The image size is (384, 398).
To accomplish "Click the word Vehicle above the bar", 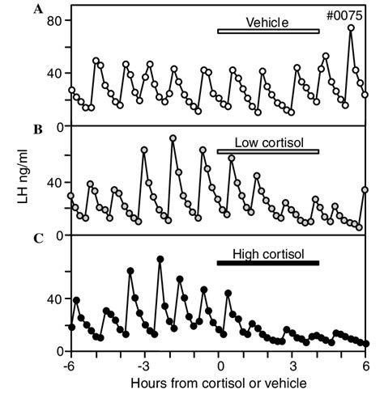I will click(x=268, y=23).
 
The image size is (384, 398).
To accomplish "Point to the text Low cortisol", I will click(x=268, y=142).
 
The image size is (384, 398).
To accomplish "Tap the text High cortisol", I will click(x=268, y=254).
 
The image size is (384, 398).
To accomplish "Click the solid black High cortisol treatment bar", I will click(x=268, y=263).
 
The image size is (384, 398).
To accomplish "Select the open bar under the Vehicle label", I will click(x=268, y=32).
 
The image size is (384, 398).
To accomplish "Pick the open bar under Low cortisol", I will click(x=268, y=151).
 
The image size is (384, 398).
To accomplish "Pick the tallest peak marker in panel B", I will click(x=173, y=138).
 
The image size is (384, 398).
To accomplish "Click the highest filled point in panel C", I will click(x=160, y=259).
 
